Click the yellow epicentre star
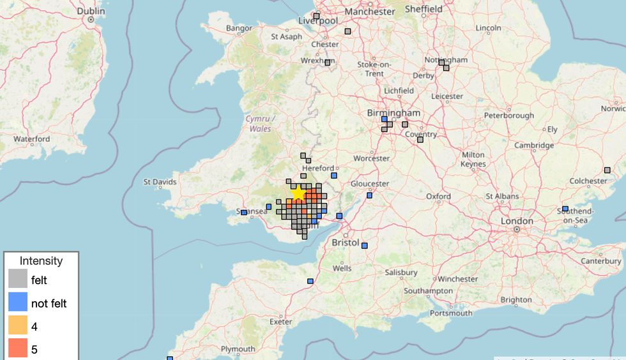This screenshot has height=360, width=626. [298, 192]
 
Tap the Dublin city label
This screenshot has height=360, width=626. [91, 11]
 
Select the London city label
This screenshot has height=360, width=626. [517, 221]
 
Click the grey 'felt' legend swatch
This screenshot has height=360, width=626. [18, 280]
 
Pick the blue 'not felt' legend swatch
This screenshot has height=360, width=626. [18, 303]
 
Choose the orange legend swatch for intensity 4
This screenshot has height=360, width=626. [18, 326]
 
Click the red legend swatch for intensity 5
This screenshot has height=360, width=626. [18, 349]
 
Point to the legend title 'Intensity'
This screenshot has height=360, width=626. [41, 260]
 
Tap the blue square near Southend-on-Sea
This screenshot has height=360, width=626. [565, 209]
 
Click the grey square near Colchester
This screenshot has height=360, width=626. [607, 170]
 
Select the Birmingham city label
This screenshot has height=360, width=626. [393, 113]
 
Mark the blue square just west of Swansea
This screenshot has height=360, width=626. [243, 213]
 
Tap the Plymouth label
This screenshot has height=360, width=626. [238, 349]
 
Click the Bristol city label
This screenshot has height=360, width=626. [346, 243]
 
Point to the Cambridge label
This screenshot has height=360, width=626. [534, 146]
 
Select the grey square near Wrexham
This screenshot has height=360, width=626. [328, 63]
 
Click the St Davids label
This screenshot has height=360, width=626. [160, 183]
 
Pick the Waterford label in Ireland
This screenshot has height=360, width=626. [31, 139]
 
